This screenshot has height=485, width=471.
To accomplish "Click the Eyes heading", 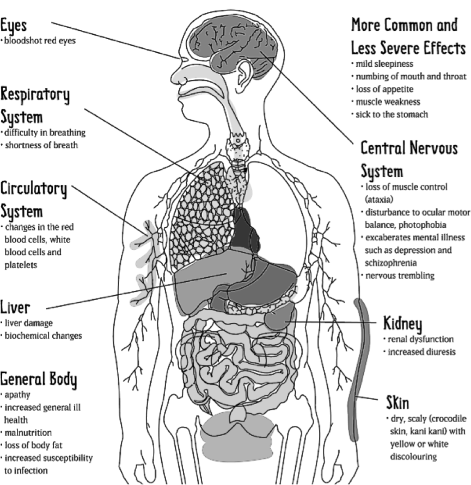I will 13,25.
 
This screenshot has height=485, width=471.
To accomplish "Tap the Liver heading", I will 15,308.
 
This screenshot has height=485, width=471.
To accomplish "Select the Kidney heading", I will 402,324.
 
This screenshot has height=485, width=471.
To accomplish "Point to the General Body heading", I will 39,378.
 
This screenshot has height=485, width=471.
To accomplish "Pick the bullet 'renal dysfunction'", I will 420,339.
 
